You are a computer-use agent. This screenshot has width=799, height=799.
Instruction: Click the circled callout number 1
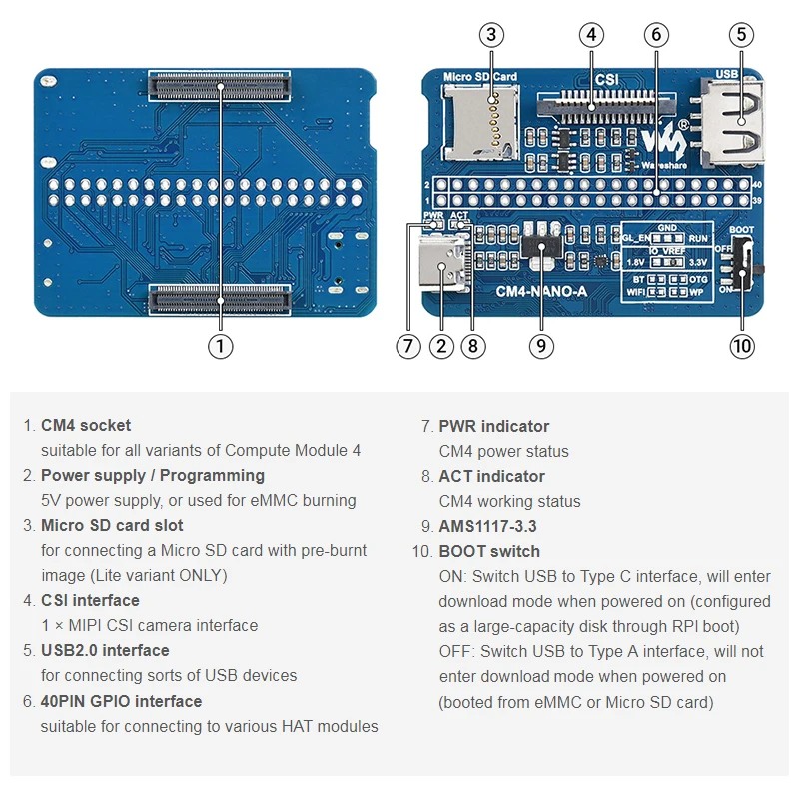pos(220,346)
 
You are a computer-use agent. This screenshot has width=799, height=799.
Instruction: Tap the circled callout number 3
pos(490,35)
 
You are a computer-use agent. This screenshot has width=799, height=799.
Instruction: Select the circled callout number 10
pos(742,346)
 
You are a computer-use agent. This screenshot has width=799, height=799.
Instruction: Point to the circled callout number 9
pos(541,346)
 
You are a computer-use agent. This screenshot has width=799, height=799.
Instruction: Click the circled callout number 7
pos(407,346)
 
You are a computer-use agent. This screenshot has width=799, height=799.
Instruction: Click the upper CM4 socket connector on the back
pos(220,86)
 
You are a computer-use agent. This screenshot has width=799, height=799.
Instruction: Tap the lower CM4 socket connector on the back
pos(220,299)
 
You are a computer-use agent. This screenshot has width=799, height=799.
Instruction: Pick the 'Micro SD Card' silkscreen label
pos(480,77)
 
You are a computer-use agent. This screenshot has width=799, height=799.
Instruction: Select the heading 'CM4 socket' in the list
pos(86,425)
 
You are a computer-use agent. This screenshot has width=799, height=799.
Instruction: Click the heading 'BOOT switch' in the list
pos(489,551)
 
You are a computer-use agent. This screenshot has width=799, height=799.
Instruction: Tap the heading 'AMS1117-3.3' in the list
pos(488,526)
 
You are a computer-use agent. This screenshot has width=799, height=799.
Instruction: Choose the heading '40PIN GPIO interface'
pos(121,701)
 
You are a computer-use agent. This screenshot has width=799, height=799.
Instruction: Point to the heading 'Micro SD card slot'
pos(112,525)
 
